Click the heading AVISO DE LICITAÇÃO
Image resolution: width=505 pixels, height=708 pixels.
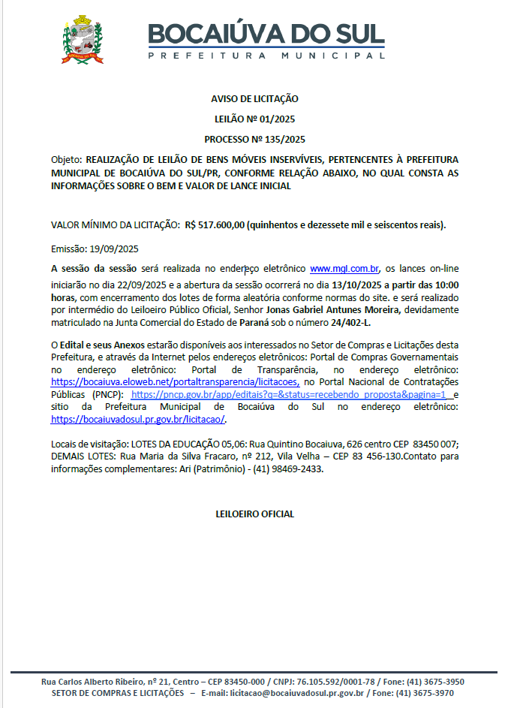(x=254, y=99)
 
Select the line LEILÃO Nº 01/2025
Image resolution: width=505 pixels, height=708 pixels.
(x=254, y=119)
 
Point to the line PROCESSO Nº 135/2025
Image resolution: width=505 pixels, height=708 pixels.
(x=254, y=139)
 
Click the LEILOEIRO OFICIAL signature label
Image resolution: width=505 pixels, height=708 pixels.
(x=254, y=514)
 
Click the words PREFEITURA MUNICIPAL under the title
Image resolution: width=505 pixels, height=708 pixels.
(x=266, y=56)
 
